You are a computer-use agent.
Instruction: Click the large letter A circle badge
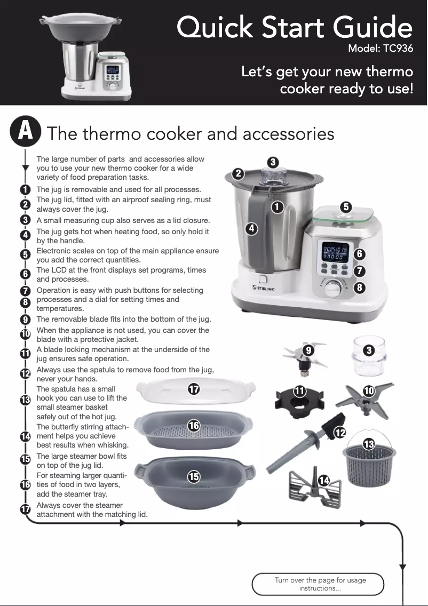point(26,131)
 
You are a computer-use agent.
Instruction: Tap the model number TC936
point(398,49)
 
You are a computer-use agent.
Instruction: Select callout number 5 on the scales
point(346,207)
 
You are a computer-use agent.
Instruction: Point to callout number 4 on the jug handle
point(251,228)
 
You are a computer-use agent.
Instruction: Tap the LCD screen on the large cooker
point(335,252)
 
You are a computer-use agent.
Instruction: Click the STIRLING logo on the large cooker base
point(263,288)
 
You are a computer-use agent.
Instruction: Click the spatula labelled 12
point(305,443)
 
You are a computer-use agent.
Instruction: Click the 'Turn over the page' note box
point(318,584)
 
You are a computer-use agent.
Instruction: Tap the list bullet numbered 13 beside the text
point(25,400)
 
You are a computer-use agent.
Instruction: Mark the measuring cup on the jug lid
point(272,176)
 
